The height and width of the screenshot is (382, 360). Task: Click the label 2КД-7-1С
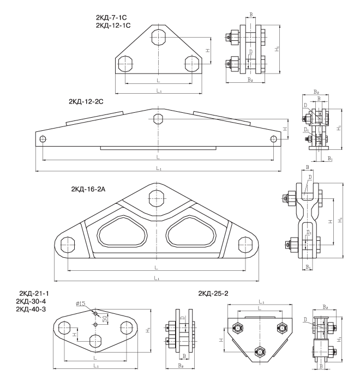point(113,17)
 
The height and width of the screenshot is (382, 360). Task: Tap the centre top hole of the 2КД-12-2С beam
point(159,119)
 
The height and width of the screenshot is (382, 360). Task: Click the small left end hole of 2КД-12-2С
point(43,139)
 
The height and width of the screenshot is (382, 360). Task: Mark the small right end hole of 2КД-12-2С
point(274,139)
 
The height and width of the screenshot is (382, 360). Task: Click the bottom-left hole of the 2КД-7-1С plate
point(125,63)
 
